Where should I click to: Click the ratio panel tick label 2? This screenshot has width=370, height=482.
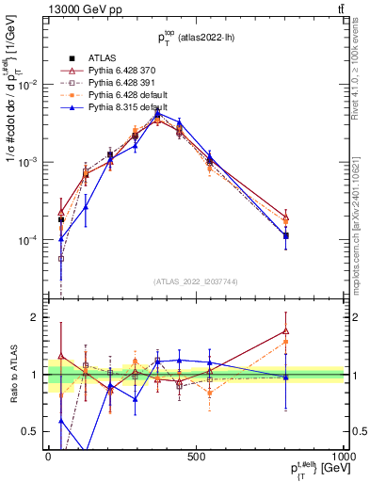click(x=35, y=317)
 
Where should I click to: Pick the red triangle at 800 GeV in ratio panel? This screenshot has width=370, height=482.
click(x=285, y=331)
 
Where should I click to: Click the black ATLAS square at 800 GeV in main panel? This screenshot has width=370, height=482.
click(x=285, y=235)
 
